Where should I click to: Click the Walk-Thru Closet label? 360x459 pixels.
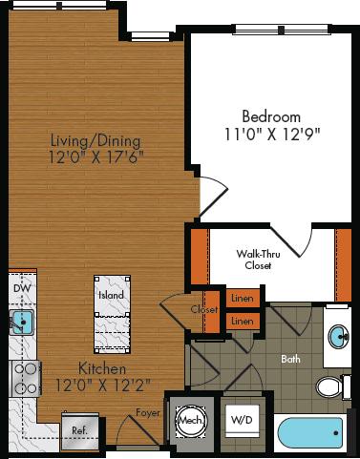258,260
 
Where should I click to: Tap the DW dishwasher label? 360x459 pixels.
19,286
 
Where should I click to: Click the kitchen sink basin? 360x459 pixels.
20,322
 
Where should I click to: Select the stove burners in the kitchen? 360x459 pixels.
23,378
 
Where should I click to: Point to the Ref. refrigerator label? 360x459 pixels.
79,430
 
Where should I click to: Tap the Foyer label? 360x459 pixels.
145,414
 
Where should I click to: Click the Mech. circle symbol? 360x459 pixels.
187,420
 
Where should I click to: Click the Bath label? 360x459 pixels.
290,360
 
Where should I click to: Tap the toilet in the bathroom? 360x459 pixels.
329,387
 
